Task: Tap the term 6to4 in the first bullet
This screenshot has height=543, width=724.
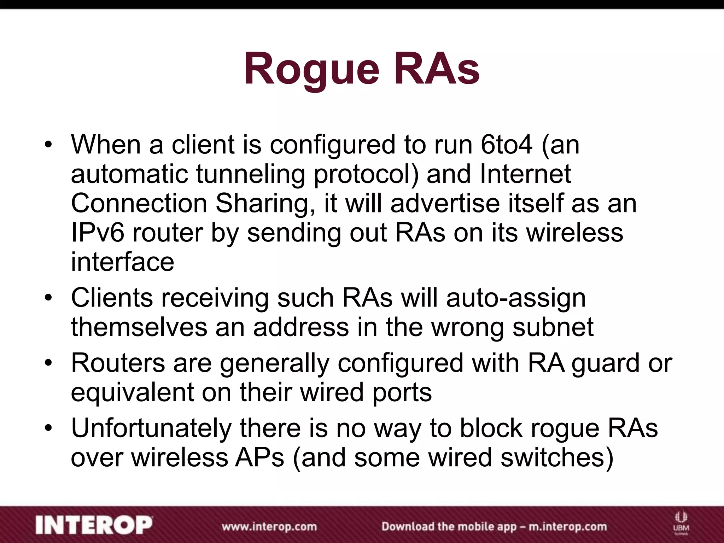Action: pyautogui.click(x=506, y=145)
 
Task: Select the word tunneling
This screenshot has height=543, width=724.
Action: pyautogui.click(x=250, y=174)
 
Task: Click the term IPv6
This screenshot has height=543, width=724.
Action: pyautogui.click(x=98, y=233)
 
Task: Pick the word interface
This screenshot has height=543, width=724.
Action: pyautogui.click(x=122, y=262)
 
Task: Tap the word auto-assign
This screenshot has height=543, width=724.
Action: pyautogui.click(x=516, y=298)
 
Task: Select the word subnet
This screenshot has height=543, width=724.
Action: pyautogui.click(x=553, y=327)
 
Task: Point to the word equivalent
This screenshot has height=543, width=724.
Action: pyautogui.click(x=133, y=392)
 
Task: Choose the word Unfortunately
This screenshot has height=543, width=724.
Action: pyautogui.click(x=151, y=428)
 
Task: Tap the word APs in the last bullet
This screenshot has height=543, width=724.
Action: pyautogui.click(x=260, y=458)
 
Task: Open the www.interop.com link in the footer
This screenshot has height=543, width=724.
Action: pyautogui.click(x=269, y=526)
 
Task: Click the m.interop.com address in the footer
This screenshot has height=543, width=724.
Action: pyautogui.click(x=567, y=526)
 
